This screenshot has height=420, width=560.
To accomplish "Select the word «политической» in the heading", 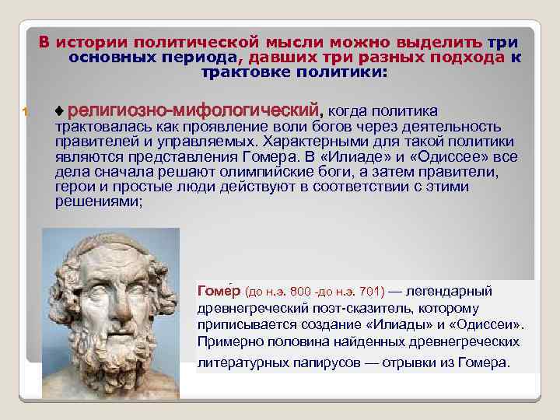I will tap(191, 41).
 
